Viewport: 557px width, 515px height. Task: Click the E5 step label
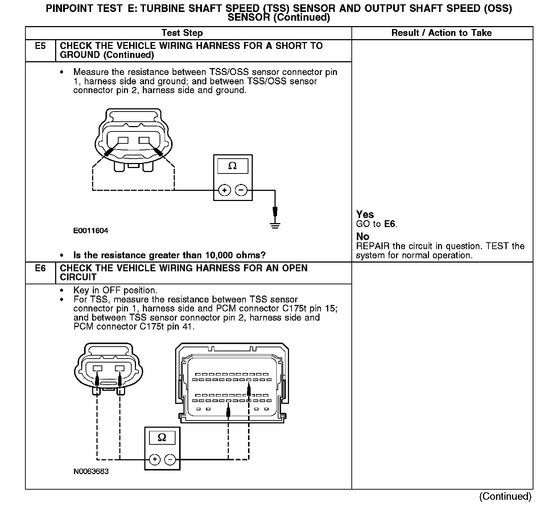pos(40,46)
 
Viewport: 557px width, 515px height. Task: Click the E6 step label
pos(40,268)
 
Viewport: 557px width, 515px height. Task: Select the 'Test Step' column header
pos(182,33)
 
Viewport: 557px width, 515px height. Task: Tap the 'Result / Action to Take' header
pos(441,33)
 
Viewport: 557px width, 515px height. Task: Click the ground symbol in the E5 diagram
pos(275,225)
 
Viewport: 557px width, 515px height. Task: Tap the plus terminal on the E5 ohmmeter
pos(224,190)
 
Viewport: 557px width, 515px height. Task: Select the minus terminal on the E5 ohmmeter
pos(241,190)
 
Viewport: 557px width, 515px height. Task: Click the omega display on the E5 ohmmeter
pos(232,166)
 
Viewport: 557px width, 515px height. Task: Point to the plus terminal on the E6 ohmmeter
pos(154,460)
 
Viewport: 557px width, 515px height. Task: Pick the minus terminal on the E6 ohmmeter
pos(170,460)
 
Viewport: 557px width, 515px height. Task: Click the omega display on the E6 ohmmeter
pos(162,437)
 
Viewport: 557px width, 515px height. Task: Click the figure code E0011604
pos(91,231)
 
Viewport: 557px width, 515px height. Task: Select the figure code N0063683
pos(91,472)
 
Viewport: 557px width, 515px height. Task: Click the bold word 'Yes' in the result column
pos(365,214)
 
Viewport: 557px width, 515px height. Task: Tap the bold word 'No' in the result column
pos(363,236)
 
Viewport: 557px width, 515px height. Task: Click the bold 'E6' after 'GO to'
pos(389,224)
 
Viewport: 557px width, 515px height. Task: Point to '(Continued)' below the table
pos(505,496)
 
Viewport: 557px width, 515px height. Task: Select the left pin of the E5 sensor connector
pos(123,141)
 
